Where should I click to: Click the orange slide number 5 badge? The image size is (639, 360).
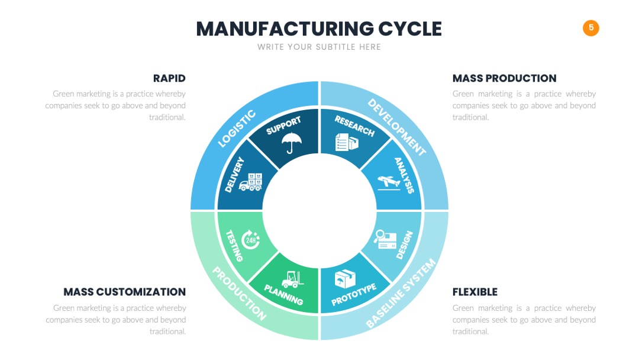pyautogui.click(x=590, y=28)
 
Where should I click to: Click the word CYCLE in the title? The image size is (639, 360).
pyautogui.click(x=409, y=29)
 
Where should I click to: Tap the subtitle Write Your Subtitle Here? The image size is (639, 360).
pyautogui.click(x=319, y=47)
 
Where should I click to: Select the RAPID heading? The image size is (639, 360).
pyautogui.click(x=169, y=78)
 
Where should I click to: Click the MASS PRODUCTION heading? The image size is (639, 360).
pyautogui.click(x=504, y=78)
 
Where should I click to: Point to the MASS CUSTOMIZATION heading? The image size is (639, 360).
pyautogui.click(x=124, y=292)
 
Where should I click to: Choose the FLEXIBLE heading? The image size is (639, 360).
pyautogui.click(x=475, y=292)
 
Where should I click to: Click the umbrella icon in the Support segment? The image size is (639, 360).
pyautogui.click(x=291, y=142)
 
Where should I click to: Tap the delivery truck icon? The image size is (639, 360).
pyautogui.click(x=250, y=182)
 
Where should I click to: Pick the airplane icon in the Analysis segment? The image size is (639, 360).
pyautogui.click(x=389, y=182)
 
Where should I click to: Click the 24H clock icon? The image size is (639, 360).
pyautogui.click(x=250, y=240)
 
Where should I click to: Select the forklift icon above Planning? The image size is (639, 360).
pyautogui.click(x=292, y=279)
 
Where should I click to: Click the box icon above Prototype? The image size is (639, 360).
pyautogui.click(x=345, y=279)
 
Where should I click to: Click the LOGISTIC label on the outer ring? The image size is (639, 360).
pyautogui.click(x=237, y=128)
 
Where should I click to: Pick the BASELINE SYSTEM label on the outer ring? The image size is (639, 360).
pyautogui.click(x=401, y=293)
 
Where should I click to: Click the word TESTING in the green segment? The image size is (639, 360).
pyautogui.click(x=234, y=246)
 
